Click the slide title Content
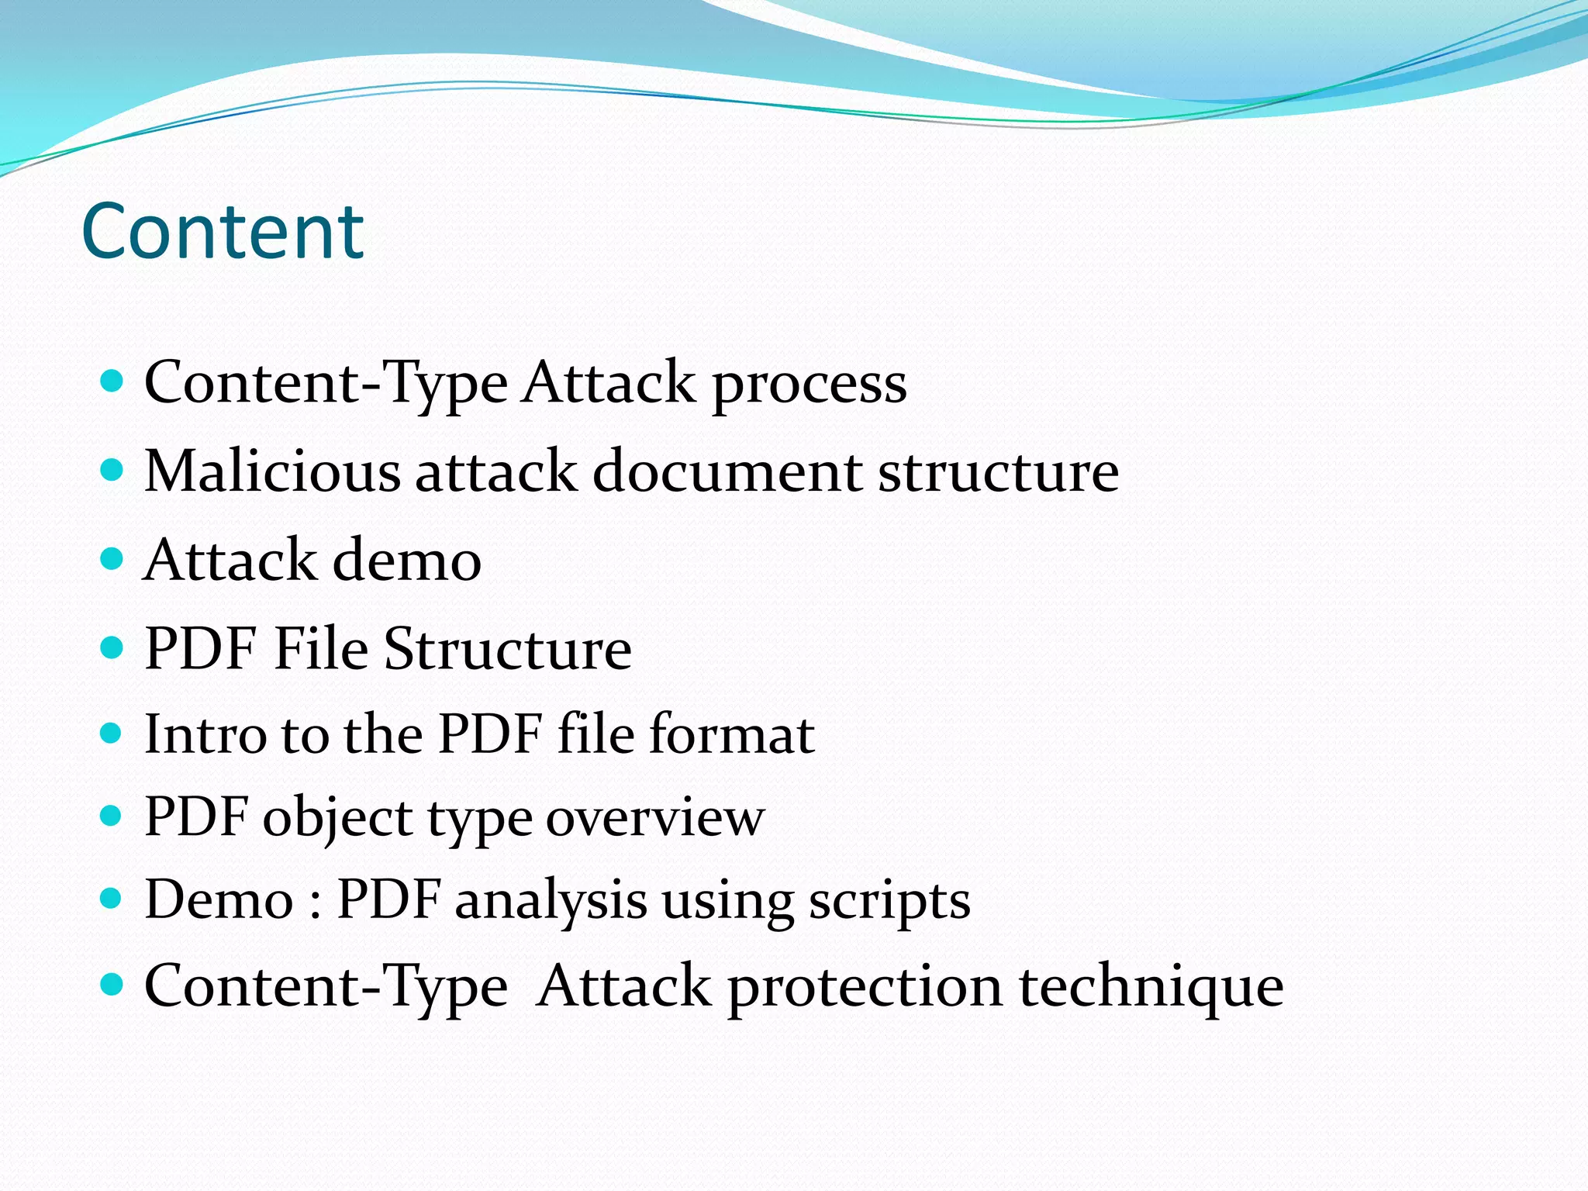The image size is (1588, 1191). pyautogui.click(x=223, y=231)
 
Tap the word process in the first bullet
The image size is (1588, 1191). pyautogui.click(x=809, y=384)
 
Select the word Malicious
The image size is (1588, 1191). pyautogui.click(x=273, y=471)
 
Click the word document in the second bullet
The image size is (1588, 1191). pyautogui.click(x=727, y=471)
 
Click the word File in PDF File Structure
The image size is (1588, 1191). pyautogui.click(x=321, y=648)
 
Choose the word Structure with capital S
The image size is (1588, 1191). pyautogui.click(x=508, y=648)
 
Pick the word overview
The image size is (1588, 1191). pyautogui.click(x=655, y=817)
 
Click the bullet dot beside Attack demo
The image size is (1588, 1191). pyautogui.click(x=112, y=558)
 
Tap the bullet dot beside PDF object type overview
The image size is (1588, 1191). pyautogui.click(x=112, y=815)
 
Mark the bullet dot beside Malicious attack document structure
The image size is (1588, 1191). pyautogui.click(x=112, y=469)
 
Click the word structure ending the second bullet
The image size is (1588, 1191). pyautogui.click(x=999, y=471)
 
